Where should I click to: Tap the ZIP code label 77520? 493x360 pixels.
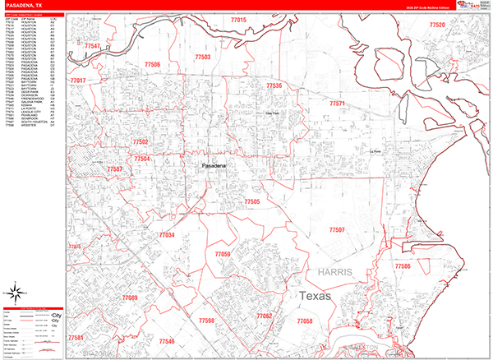click(436, 25)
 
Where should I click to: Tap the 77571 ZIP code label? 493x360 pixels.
click(338, 104)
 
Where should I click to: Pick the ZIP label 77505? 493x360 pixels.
click(251, 201)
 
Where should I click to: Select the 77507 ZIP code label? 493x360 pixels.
click(336, 229)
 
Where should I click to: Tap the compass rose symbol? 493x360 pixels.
click(16, 291)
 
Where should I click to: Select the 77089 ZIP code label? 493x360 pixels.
click(130, 297)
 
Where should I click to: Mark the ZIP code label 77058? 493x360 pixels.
click(304, 321)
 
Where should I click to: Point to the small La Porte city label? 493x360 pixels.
click(377, 151)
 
